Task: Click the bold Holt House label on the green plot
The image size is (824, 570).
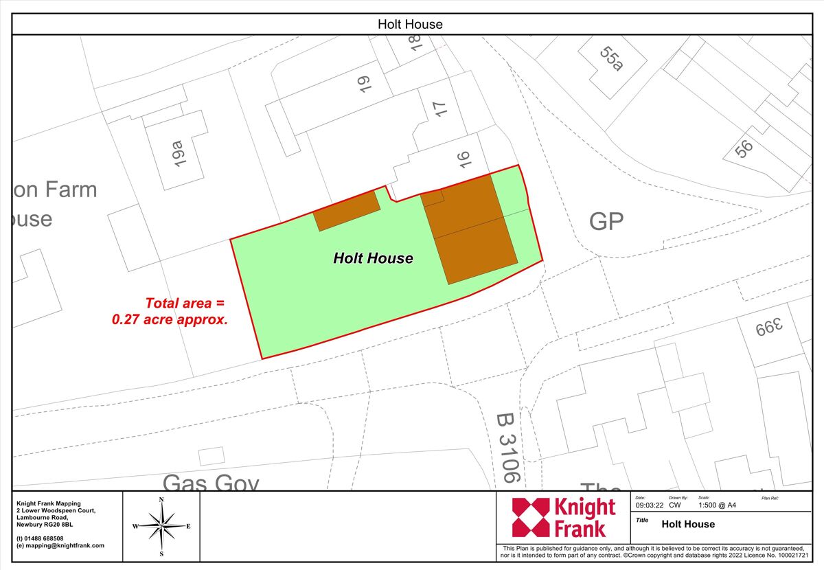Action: (373, 258)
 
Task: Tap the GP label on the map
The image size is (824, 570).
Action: (606, 221)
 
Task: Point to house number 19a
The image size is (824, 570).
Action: (179, 153)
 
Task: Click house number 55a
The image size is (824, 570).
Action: (611, 59)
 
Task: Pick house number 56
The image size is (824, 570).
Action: (743, 148)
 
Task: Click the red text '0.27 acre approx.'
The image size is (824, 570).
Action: (170, 319)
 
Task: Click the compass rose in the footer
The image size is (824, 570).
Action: (161, 526)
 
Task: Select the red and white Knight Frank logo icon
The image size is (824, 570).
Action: (531, 517)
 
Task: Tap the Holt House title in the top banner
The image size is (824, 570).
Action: (410, 24)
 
